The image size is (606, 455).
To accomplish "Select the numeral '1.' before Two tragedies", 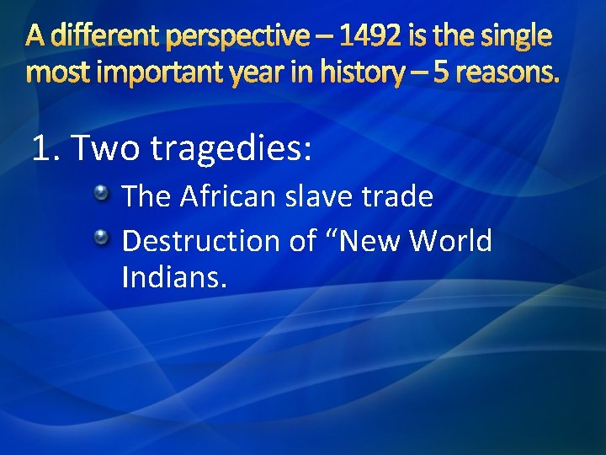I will (x=46, y=148).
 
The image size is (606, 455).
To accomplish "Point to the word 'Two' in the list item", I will (x=108, y=148).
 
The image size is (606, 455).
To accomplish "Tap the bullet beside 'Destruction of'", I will (x=102, y=235).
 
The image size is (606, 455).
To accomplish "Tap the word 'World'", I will (x=450, y=241).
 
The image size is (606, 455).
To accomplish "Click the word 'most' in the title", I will (x=55, y=74).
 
